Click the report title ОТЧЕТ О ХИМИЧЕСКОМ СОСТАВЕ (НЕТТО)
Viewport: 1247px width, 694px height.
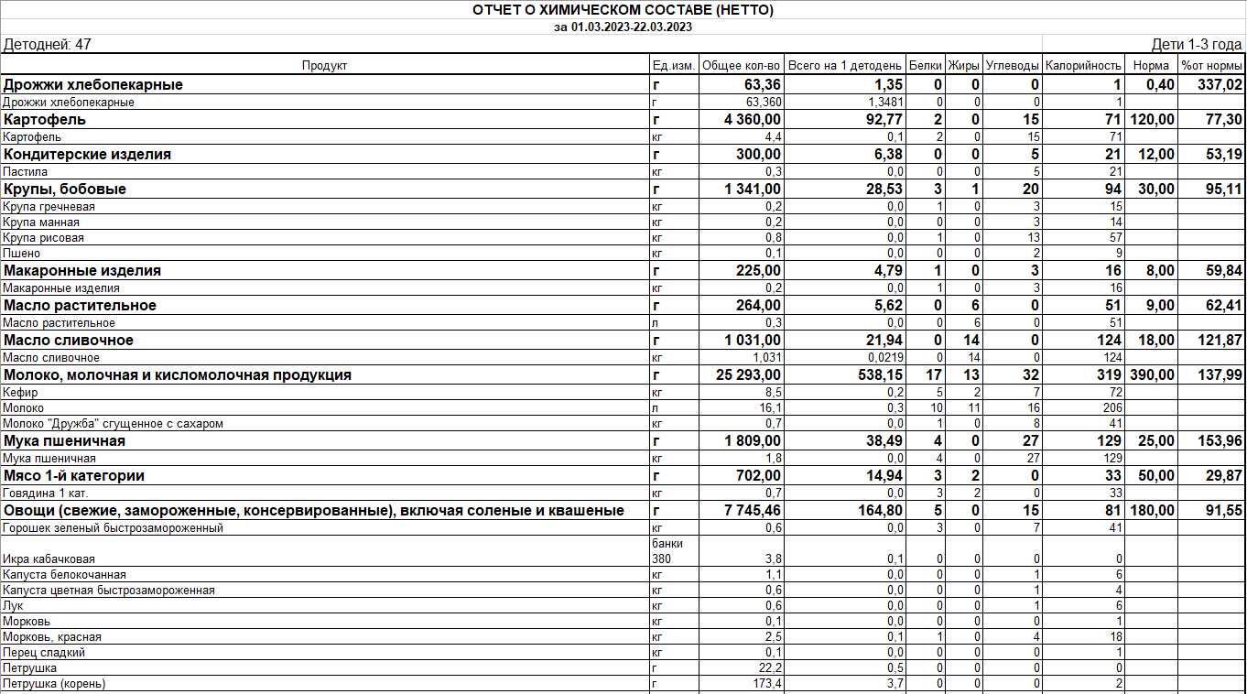click(x=623, y=10)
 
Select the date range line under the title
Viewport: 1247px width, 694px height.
click(x=623, y=27)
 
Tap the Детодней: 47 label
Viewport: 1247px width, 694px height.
click(x=48, y=45)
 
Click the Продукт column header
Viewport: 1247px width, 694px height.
click(x=325, y=66)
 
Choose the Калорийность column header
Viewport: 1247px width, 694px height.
click(x=1083, y=66)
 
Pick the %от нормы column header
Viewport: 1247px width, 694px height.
click(x=1211, y=66)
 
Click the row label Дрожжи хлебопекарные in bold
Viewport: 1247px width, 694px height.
click(x=93, y=85)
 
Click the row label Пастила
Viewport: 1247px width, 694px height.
click(x=26, y=172)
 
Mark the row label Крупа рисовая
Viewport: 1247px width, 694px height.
click(x=43, y=238)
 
